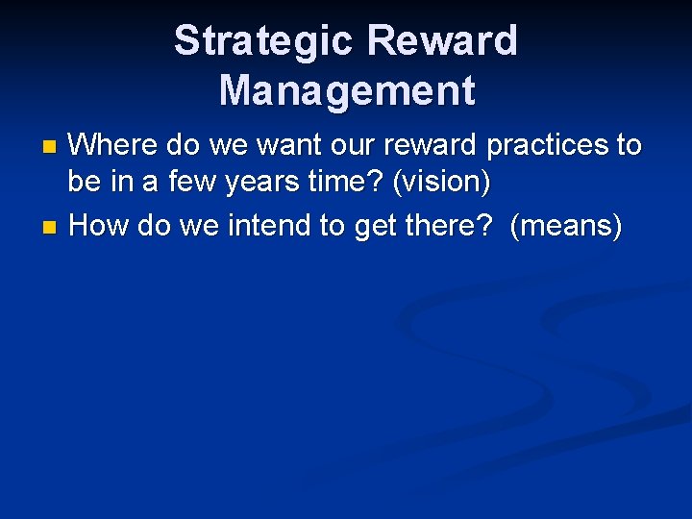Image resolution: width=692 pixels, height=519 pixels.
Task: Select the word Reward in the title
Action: pos(442,40)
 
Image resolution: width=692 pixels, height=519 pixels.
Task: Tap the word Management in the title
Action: pos(346,90)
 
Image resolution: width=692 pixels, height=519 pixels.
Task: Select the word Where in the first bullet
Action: pos(113,145)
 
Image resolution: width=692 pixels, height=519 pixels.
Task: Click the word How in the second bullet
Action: pos(100,226)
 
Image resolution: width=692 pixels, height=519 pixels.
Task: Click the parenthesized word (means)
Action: pos(566,226)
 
